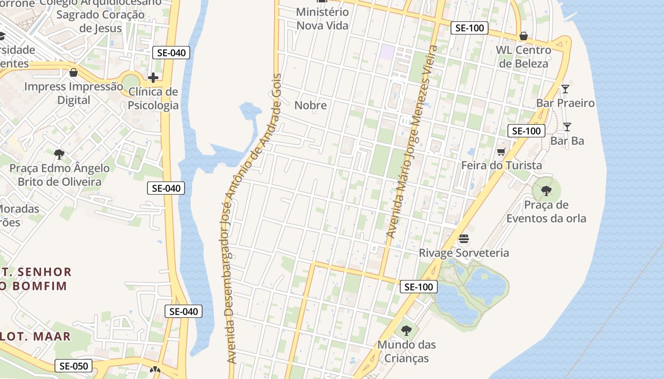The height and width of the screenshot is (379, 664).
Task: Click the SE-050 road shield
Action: (x=74, y=366)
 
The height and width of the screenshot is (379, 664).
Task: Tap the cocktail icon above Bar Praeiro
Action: (x=565, y=89)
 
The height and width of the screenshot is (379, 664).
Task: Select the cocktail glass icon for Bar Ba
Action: (x=567, y=126)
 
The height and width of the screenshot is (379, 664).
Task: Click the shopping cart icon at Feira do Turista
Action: (x=501, y=152)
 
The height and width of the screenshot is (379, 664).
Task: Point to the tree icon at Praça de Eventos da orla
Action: (x=546, y=191)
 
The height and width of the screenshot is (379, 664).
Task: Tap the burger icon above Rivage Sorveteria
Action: (x=463, y=239)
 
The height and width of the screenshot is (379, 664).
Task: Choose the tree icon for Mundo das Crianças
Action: (x=406, y=330)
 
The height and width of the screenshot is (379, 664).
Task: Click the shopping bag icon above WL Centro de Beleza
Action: (x=523, y=36)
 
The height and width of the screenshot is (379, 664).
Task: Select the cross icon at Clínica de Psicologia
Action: (x=153, y=78)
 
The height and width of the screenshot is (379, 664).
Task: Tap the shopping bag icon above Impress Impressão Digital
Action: (x=74, y=72)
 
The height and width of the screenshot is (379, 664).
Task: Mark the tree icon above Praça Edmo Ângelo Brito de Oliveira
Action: (x=59, y=154)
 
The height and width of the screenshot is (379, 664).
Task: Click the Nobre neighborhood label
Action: (x=311, y=105)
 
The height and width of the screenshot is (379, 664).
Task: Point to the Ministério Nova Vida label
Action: (x=323, y=19)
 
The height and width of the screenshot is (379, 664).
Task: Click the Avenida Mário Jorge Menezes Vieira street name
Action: (x=411, y=142)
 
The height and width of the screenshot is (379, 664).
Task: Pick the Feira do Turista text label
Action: (x=501, y=165)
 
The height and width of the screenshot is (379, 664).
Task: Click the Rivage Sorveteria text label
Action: (x=463, y=253)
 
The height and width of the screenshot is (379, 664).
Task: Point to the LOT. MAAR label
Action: (x=36, y=336)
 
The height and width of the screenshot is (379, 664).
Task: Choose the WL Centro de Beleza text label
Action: (x=523, y=56)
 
